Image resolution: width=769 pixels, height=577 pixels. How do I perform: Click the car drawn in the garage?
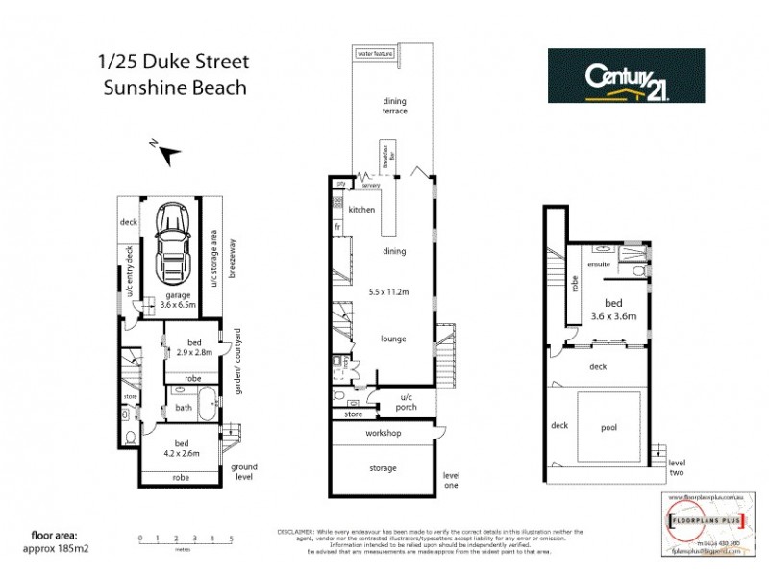172,241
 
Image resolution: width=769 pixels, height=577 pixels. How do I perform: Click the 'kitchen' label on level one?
361,210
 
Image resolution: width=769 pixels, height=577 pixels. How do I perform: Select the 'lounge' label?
392,339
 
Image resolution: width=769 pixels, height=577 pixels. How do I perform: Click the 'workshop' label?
382,434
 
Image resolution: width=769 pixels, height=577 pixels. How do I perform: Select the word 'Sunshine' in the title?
141,87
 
